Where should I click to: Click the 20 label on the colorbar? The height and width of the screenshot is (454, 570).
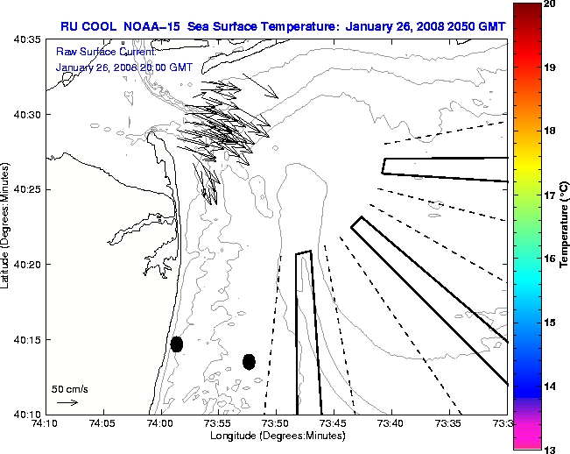coord(550,4)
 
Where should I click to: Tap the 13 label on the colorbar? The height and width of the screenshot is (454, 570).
coord(550,449)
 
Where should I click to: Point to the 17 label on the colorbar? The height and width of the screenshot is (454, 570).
coord(550,195)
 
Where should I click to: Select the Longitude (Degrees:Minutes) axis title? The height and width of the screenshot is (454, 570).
coord(276,436)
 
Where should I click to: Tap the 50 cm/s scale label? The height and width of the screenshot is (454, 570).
coord(70,388)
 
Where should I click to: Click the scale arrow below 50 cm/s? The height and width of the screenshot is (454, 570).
coord(67,402)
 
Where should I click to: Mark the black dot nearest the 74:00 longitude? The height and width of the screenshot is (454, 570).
coord(177,344)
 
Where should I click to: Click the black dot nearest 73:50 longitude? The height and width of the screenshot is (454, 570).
coord(249,361)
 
